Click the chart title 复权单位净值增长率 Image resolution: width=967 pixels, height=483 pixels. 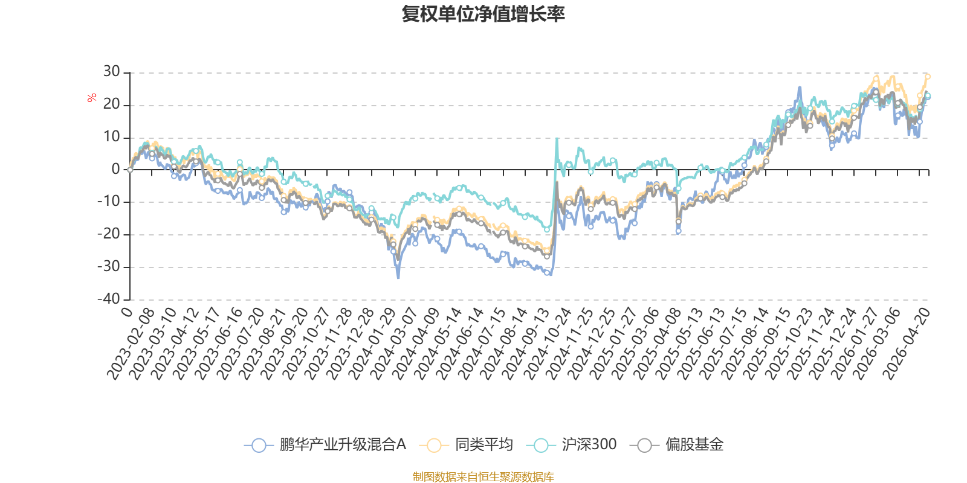tap(483, 14)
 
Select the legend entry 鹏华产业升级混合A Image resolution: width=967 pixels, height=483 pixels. tap(325, 444)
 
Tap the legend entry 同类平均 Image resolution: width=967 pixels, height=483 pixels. tap(466, 444)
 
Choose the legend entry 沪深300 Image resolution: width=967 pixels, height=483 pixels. tap(571, 444)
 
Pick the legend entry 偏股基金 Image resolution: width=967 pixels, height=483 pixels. tap(676, 444)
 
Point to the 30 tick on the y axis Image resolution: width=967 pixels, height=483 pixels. tap(111, 72)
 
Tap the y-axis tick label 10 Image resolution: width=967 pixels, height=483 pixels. tap(111, 136)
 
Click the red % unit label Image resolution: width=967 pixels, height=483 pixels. tap(91, 98)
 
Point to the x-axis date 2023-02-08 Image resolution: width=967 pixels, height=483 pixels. tap(131, 344)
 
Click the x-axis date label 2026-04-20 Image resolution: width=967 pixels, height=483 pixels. tap(906, 344)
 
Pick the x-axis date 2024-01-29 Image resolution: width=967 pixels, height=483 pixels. tap(372, 344)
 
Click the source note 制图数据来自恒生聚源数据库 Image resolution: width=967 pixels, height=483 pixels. tap(483, 476)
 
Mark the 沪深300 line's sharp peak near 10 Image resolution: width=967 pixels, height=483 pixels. tap(557, 138)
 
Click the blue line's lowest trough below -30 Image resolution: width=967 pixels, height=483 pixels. tap(398, 277)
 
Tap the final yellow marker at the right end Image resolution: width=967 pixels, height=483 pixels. tap(927, 77)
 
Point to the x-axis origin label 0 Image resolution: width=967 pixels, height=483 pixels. tap(127, 312)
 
